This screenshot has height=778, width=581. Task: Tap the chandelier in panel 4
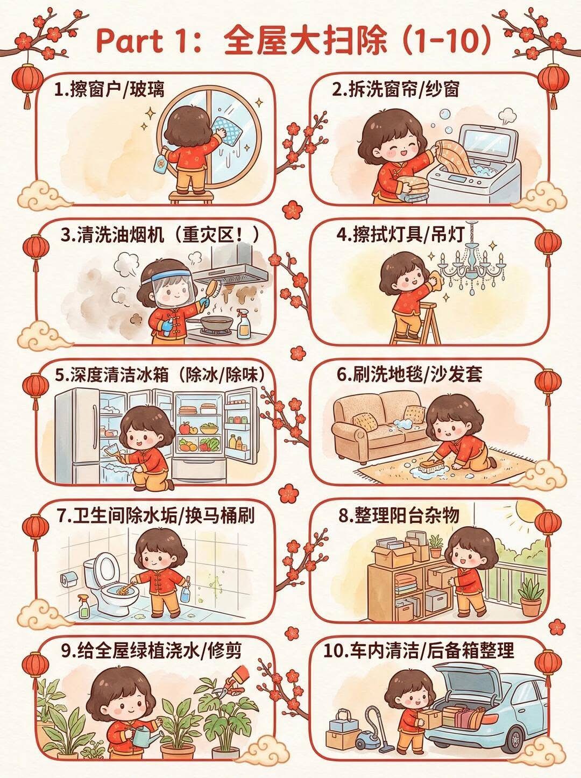472,261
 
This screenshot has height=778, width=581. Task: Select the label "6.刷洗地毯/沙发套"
410,376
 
